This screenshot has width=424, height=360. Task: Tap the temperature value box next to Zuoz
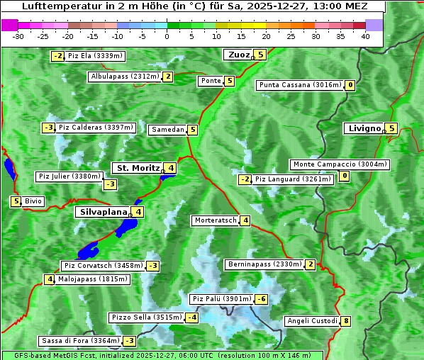[x=261, y=55]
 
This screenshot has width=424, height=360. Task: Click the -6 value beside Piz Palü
[x=262, y=299]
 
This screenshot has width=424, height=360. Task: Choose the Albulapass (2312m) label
[x=125, y=77]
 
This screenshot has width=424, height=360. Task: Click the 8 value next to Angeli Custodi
[x=346, y=321]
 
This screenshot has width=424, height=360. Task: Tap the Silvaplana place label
[x=104, y=211]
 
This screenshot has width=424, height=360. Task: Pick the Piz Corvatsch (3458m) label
[x=103, y=266]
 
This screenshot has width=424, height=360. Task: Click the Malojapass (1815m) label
[x=93, y=279]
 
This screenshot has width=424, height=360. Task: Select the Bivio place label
[x=34, y=201]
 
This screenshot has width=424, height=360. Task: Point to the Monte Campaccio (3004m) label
[x=340, y=164]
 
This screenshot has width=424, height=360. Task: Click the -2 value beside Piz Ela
[x=58, y=56]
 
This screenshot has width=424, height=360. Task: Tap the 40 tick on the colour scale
[x=365, y=36]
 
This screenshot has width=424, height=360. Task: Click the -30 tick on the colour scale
[x=18, y=36]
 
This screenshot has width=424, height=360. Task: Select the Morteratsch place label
[x=215, y=220]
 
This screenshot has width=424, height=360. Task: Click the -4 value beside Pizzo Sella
[x=192, y=317]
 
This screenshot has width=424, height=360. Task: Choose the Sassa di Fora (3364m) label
[x=79, y=341]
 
